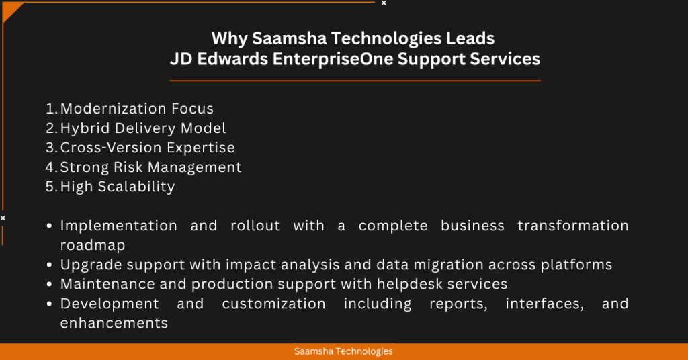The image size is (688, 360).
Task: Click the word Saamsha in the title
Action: pos(281,38)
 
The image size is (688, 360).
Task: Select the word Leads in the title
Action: pos(472,38)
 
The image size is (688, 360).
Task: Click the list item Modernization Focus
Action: pos(137,109)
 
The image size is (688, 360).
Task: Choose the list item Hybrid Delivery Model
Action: pos(143,128)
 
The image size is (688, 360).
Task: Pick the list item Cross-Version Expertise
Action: pos(148,148)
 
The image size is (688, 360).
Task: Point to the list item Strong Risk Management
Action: pos(151,167)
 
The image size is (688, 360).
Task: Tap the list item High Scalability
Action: pos(118,187)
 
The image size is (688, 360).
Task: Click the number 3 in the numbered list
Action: pos(50,148)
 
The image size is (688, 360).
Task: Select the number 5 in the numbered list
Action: pos(50,187)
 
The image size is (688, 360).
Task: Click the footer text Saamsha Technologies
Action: pos(343,351)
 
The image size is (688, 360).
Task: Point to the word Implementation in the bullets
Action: pos(119,226)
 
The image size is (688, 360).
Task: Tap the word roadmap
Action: pos(93,245)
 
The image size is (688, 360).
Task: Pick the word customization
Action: pos(273,304)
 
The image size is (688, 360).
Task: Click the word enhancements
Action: pos(114,323)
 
